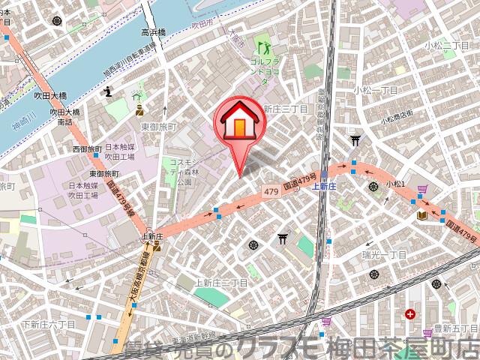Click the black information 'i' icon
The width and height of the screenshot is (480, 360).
(x=109, y=91)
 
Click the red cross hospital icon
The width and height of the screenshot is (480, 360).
(x=409, y=314)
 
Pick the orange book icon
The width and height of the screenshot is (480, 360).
(x=422, y=215)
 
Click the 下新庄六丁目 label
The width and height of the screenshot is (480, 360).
(x=50, y=324)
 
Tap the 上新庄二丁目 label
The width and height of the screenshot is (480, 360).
(x=221, y=282)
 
